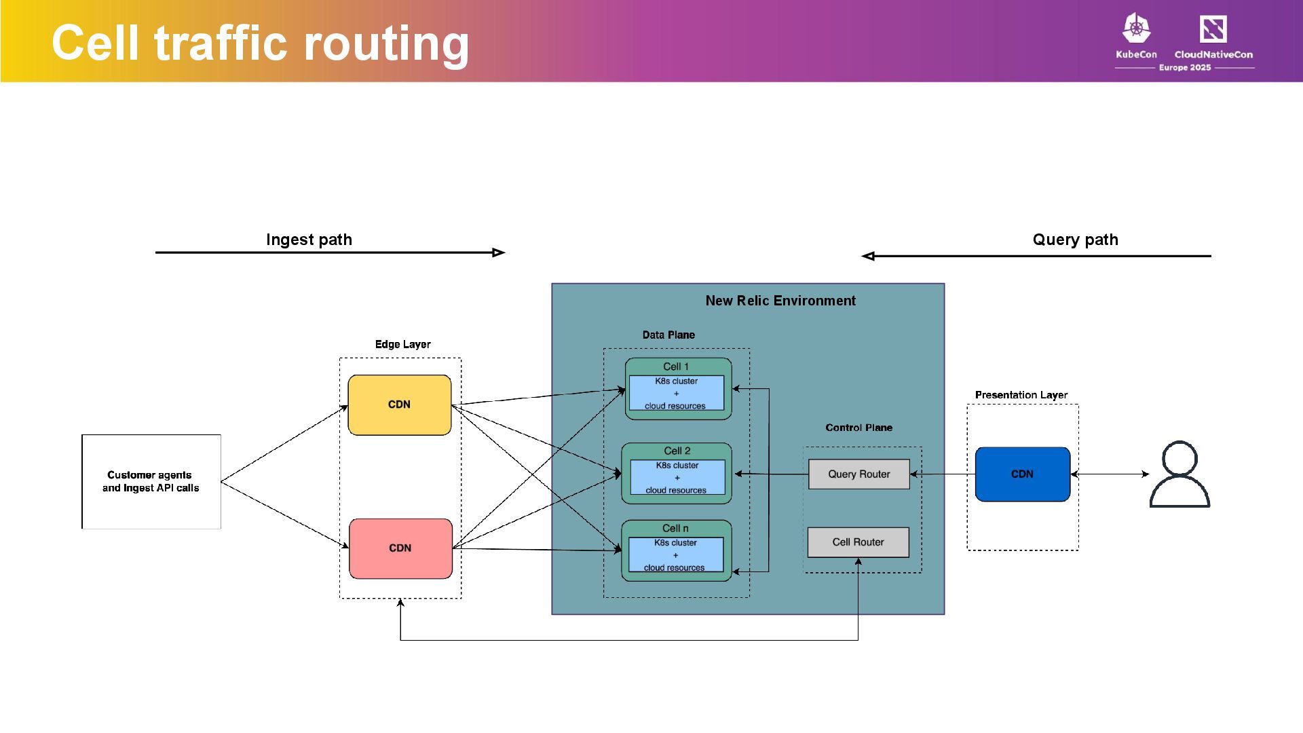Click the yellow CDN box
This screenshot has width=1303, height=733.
(x=399, y=405)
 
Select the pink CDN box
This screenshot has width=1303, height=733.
(x=400, y=548)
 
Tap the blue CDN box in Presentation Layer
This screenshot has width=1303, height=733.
(x=1022, y=474)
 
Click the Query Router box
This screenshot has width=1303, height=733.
(x=858, y=474)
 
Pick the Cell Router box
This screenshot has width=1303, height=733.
(x=858, y=542)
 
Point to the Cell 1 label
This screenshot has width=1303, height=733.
(x=676, y=366)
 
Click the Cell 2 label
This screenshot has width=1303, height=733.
(x=677, y=451)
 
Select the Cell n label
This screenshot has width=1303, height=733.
(x=675, y=528)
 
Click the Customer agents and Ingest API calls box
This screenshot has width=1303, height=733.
(x=151, y=481)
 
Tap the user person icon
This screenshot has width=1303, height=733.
(x=1179, y=474)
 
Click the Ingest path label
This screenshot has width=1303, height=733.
(x=309, y=240)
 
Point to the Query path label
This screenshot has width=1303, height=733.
(x=1075, y=240)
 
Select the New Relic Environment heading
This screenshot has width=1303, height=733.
(x=780, y=301)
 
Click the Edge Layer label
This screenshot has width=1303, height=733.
(x=402, y=344)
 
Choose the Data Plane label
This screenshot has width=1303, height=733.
(x=668, y=335)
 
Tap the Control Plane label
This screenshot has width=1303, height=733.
(x=858, y=428)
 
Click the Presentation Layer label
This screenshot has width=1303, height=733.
(x=1021, y=395)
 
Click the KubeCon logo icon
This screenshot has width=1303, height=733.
(x=1136, y=29)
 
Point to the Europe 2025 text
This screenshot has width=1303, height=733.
(x=1184, y=68)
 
